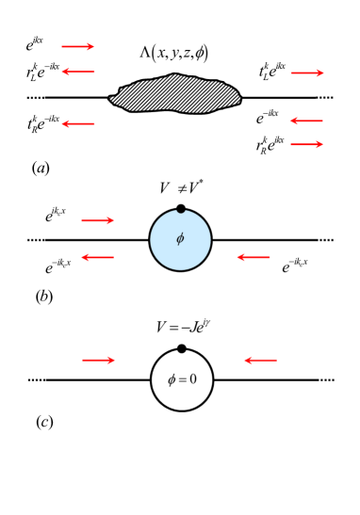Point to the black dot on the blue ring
pyautogui.click(x=180, y=208)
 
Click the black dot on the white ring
pyautogui.click(x=180, y=348)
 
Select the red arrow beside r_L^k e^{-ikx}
pyautogui.click(x=78, y=71)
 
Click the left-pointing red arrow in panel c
pyautogui.click(x=261, y=359)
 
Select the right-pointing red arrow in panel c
pyautogui.click(x=99, y=359)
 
